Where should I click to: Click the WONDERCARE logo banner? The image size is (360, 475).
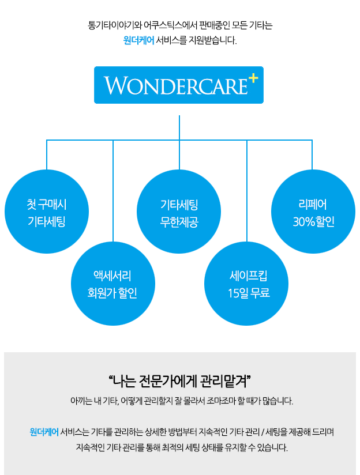179,85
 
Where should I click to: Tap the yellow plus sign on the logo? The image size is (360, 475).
253,79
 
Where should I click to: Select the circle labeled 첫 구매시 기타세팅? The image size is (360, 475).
47,212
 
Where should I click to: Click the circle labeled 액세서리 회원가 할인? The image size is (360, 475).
113,284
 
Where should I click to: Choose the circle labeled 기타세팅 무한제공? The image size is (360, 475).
179,212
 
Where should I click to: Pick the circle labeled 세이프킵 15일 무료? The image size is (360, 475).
246,284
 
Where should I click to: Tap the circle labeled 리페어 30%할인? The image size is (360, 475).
313,212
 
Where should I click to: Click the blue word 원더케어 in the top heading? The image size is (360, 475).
138,40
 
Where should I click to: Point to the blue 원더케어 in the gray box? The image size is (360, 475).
44,432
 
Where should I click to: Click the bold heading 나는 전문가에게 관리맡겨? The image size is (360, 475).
180,381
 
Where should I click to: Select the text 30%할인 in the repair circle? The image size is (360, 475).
314,222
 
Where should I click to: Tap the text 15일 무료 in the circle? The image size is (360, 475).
249,293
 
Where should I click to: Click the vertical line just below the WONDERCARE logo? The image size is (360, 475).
179,127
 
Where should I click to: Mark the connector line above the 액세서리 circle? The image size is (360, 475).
113,191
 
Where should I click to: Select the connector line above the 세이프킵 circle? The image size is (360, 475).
247,191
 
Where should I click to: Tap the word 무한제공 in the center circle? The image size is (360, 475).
179,222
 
